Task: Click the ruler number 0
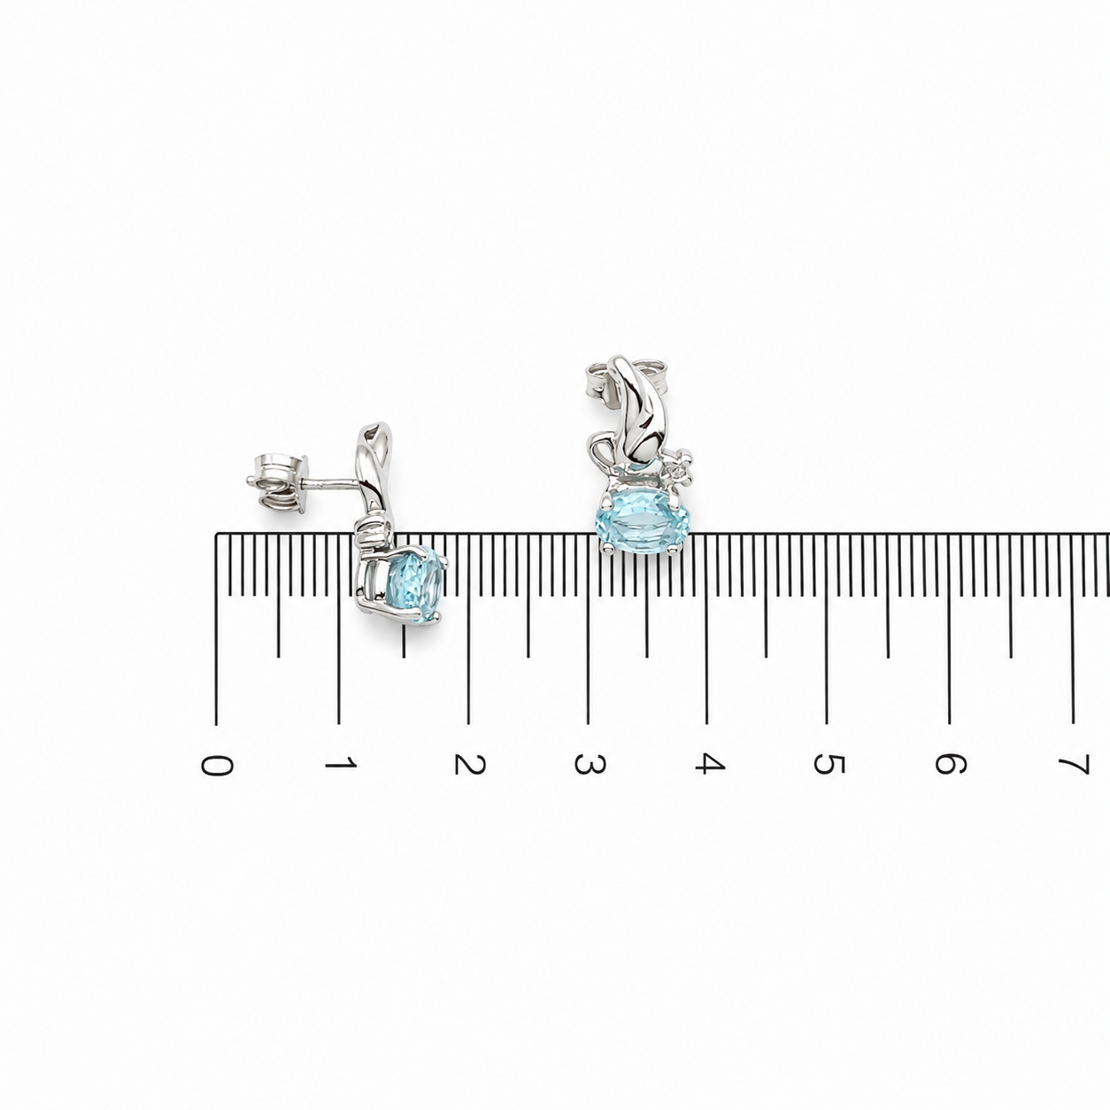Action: click(x=217, y=766)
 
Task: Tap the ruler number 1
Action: click(x=341, y=764)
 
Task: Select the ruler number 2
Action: click(x=469, y=764)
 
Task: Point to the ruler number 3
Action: click(x=590, y=764)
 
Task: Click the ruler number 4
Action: click(x=709, y=764)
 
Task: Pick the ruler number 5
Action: click(x=829, y=764)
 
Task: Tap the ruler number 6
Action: click(x=951, y=764)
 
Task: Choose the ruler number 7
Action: click(x=1074, y=765)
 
